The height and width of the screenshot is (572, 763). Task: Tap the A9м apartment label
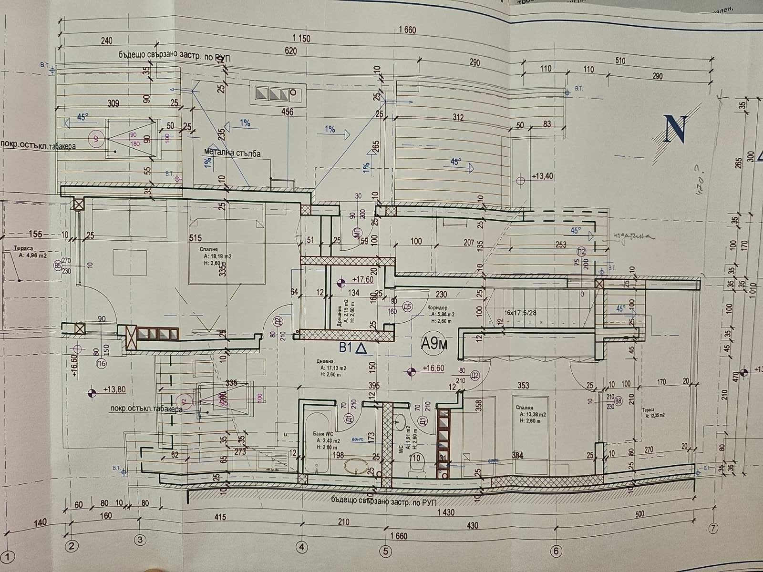click(434, 343)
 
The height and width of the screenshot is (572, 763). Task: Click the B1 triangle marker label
click(353, 348)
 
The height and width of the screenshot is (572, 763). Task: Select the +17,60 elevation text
click(362, 280)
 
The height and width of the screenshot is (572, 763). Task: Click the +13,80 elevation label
click(114, 389)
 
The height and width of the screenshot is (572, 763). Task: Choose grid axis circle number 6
click(556, 551)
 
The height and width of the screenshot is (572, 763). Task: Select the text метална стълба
click(232, 153)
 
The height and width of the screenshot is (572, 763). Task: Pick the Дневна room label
click(323, 361)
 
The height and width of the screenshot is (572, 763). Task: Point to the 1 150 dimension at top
click(301, 39)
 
